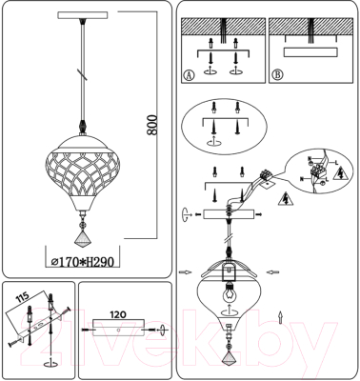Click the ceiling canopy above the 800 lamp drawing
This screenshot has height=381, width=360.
pos(80,15)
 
